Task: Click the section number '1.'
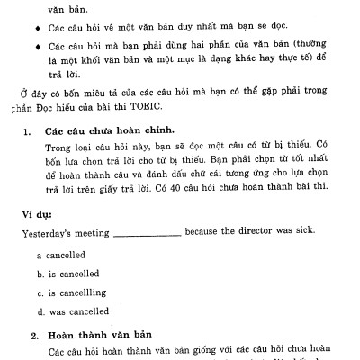(x=26, y=130)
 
